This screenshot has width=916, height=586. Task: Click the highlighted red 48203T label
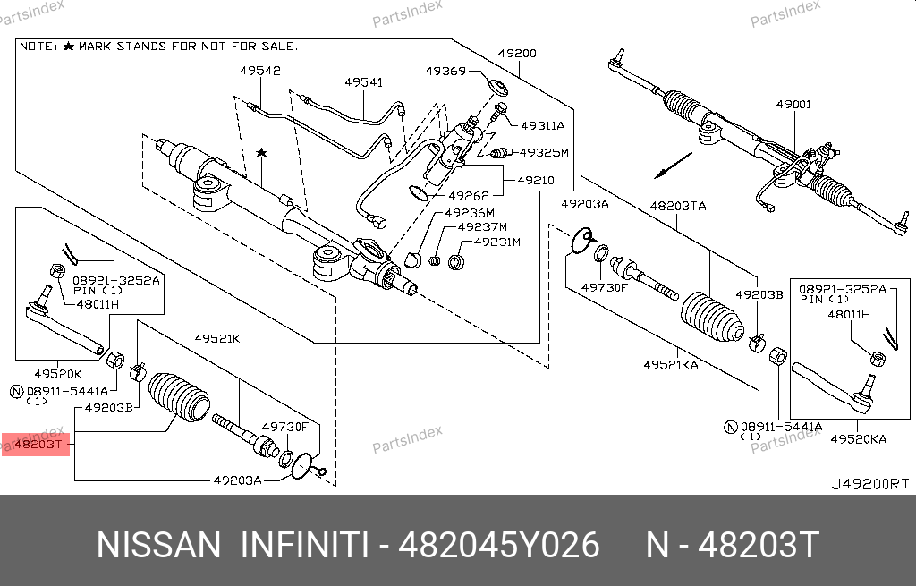35,444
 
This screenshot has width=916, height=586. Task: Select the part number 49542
259,70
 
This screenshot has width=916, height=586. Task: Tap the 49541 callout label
363,82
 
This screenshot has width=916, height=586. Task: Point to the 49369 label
445,71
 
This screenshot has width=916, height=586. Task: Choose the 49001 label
793,105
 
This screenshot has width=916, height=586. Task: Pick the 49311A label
542,126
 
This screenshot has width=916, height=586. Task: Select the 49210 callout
535,180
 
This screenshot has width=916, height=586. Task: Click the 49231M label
496,242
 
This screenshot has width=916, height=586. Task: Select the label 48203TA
677,206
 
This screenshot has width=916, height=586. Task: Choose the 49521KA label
670,364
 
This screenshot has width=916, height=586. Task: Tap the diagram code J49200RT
869,483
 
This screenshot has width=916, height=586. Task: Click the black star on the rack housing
261,154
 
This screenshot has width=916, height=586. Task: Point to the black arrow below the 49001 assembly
672,166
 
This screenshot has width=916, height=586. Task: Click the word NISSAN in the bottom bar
157,545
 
